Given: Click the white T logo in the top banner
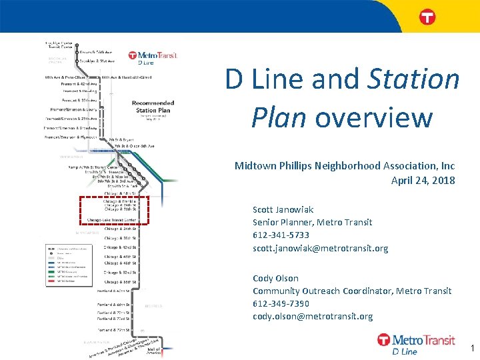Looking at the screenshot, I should [x=427, y=17].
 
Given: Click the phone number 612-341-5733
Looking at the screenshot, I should [x=281, y=235].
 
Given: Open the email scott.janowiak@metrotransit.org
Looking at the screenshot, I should [x=320, y=248].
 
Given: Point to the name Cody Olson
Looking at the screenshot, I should [x=275, y=278].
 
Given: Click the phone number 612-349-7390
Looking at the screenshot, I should [x=281, y=303].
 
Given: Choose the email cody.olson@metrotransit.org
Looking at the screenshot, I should [x=313, y=316].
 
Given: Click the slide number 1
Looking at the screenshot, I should [x=472, y=348].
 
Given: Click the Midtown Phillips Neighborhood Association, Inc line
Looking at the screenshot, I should [x=345, y=165].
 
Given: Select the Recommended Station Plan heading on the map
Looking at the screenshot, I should [x=153, y=107].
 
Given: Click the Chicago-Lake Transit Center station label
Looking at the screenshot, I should [x=111, y=219].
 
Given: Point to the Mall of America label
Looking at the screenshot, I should [x=153, y=350].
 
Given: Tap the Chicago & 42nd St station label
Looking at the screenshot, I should [x=120, y=247].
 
